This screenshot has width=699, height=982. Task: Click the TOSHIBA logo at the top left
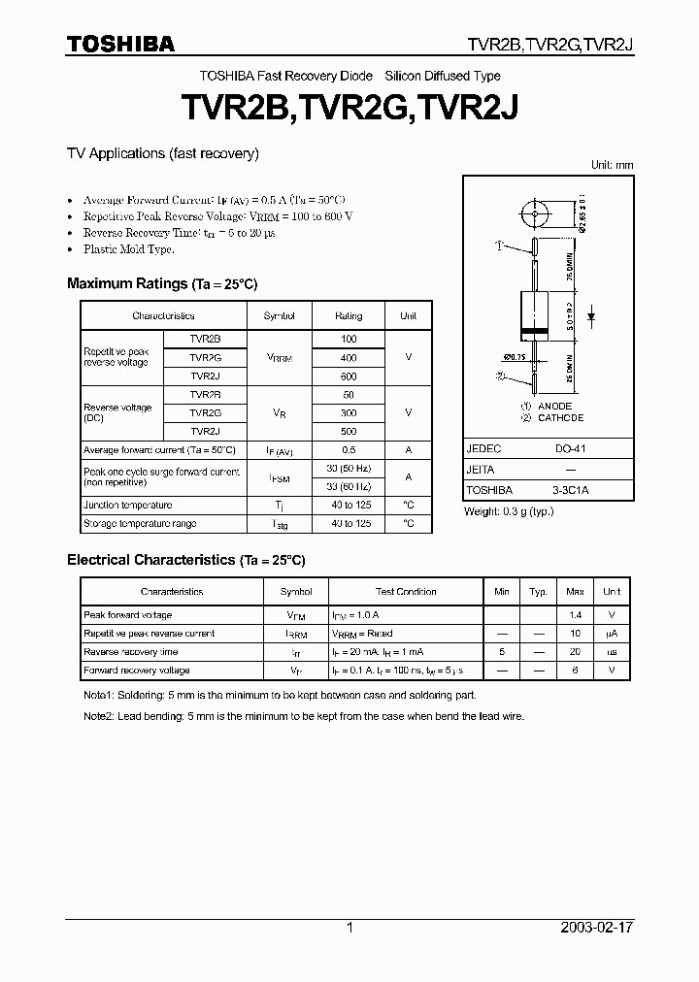(x=120, y=44)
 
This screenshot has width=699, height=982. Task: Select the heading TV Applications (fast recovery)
(x=162, y=153)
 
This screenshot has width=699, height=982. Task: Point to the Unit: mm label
(x=612, y=165)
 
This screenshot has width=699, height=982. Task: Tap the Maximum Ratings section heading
(x=162, y=283)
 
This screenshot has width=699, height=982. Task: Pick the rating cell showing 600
(x=349, y=376)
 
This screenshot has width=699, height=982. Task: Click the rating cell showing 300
(x=349, y=412)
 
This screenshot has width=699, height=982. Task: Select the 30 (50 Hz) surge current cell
(x=349, y=469)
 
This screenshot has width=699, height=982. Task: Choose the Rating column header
(x=349, y=315)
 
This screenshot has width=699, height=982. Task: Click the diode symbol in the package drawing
(x=592, y=316)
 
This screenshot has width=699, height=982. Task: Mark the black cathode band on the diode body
(x=532, y=335)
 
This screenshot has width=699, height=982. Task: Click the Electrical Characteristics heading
(x=185, y=560)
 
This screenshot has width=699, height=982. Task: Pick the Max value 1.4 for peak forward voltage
(x=575, y=615)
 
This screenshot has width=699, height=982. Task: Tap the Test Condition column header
(x=406, y=591)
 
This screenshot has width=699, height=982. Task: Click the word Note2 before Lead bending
(x=99, y=715)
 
